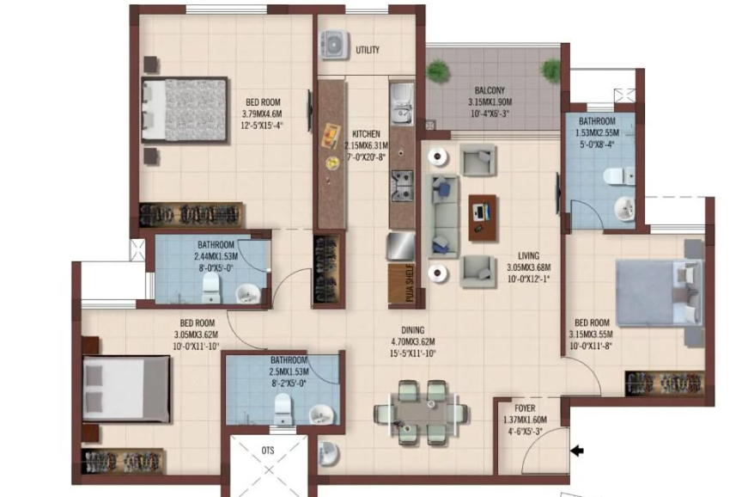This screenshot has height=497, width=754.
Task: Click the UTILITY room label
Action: [368, 50]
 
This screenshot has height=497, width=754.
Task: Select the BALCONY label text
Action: [490, 90]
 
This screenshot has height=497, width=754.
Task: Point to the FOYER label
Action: [525, 408]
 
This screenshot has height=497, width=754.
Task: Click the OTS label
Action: [268, 450]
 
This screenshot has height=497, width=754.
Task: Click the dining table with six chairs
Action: [421, 412]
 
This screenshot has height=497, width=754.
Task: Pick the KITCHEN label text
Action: [366, 134]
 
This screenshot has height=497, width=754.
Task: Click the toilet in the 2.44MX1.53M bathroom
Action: [211, 291]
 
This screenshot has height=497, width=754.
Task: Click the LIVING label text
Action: [527, 255]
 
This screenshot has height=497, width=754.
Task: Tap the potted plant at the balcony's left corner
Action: [437, 71]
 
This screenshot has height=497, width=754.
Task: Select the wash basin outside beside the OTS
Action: [328, 452]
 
